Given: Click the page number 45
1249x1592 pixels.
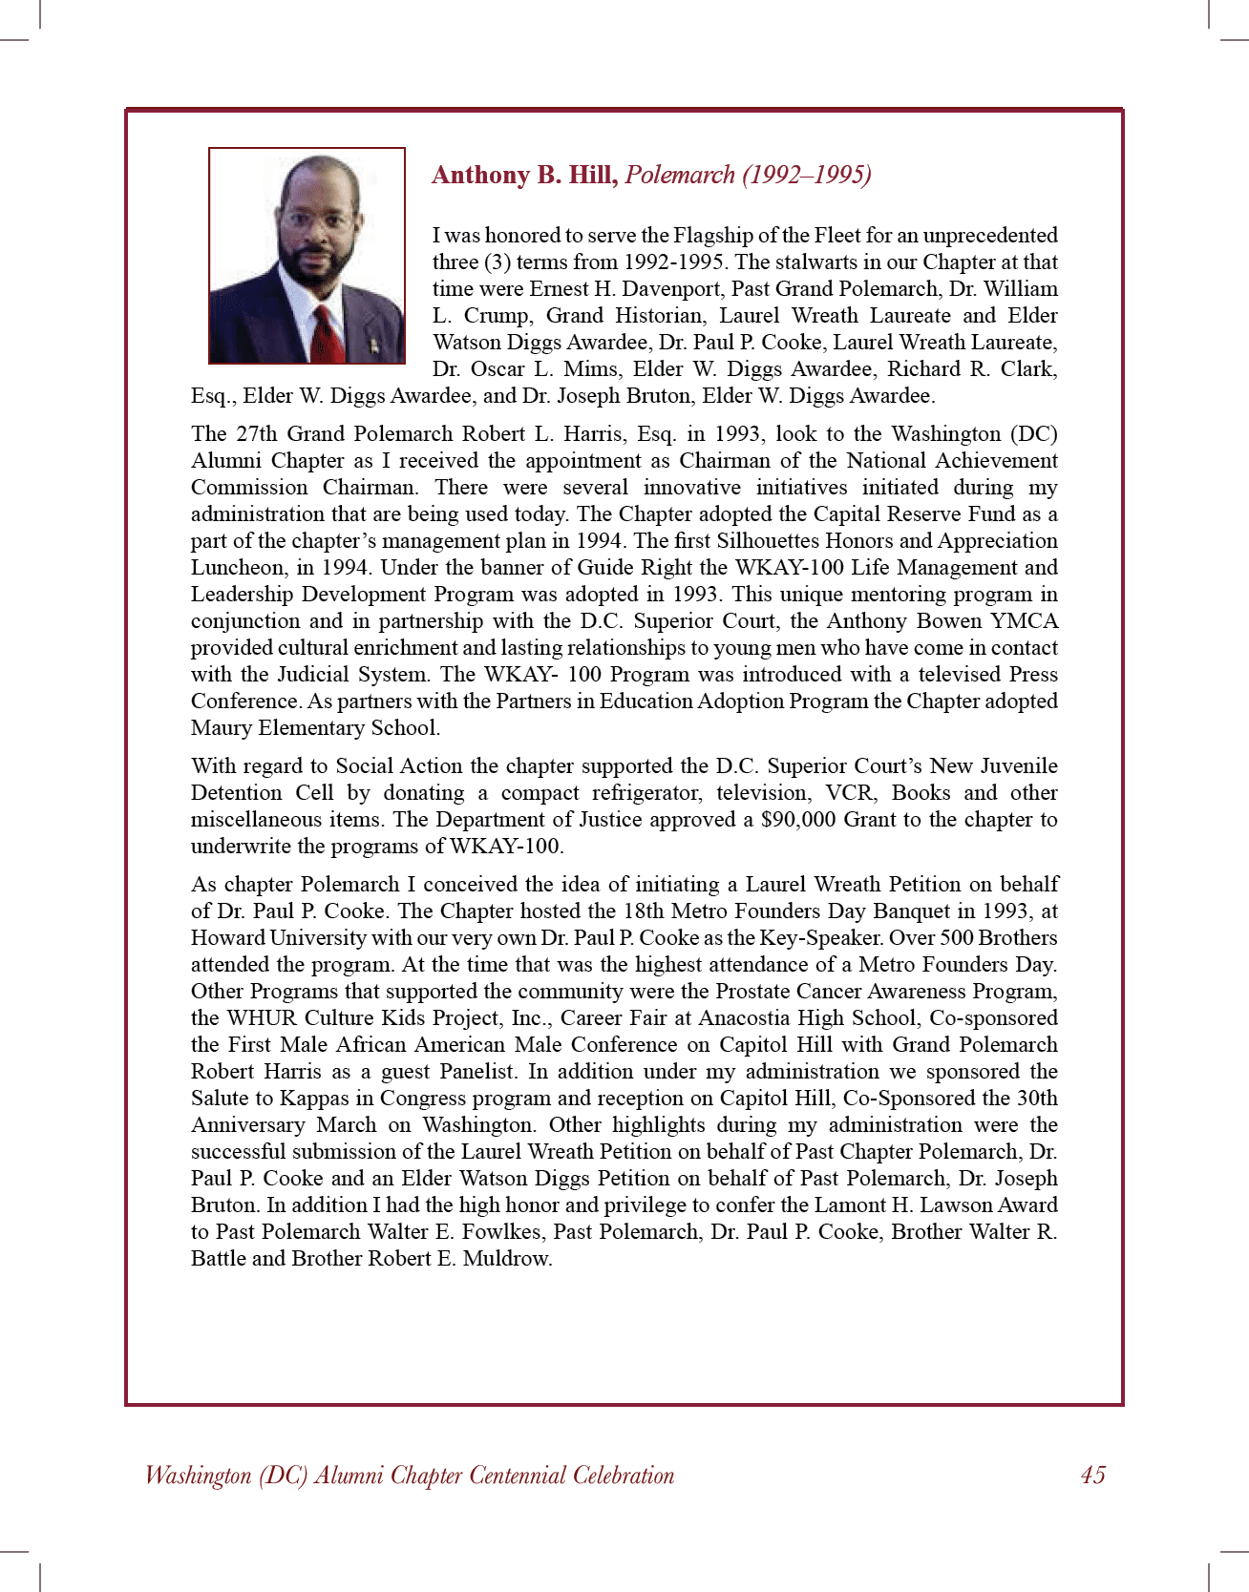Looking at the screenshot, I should (1092, 1476).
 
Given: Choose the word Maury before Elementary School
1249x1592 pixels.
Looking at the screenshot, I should (221, 728).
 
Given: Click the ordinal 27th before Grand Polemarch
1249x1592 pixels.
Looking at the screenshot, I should (256, 434).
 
